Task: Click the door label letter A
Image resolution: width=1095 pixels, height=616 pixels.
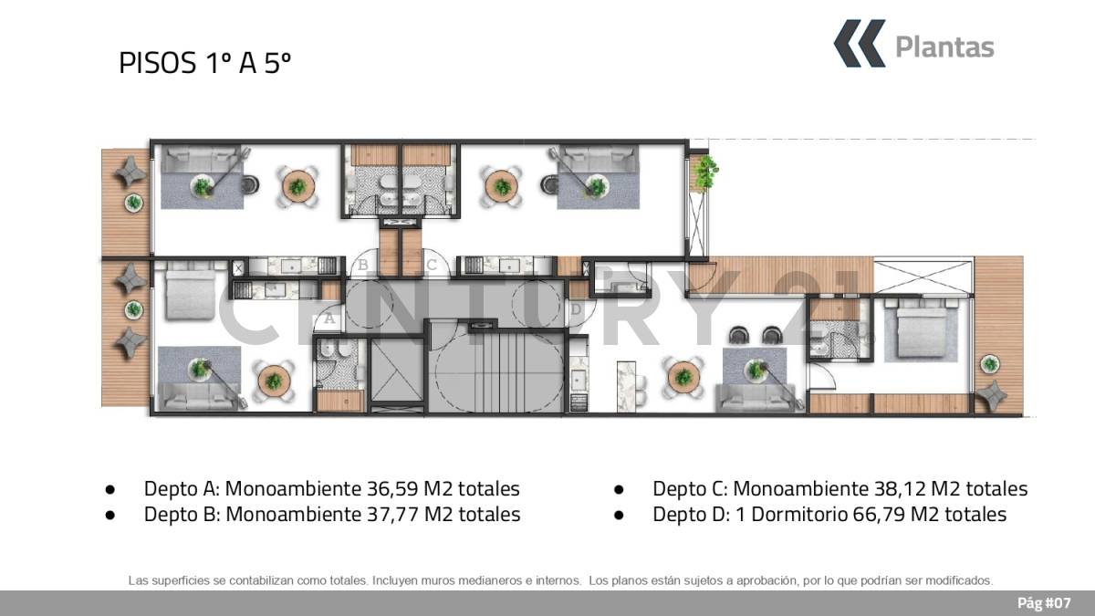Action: point(330,318)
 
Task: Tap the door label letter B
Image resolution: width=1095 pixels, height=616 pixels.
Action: point(363,265)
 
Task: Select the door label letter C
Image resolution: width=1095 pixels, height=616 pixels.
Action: point(431,265)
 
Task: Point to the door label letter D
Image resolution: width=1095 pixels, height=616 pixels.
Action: point(576,309)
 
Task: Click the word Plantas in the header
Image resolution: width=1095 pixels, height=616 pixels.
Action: point(944,47)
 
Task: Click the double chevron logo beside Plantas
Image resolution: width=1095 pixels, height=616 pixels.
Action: point(860,44)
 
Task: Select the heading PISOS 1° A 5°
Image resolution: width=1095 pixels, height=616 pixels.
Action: point(204,63)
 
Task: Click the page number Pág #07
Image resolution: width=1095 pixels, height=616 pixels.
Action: point(1044,603)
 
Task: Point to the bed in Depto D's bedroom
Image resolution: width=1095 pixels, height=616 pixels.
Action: point(921,329)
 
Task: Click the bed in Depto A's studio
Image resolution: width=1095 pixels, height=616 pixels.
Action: point(190,291)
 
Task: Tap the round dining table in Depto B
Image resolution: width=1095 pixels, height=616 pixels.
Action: point(297,186)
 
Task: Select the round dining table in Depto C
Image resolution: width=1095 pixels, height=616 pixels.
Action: point(502,186)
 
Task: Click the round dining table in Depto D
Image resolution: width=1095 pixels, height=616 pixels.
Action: point(683,376)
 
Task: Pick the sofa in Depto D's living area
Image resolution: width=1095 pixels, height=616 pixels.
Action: point(756,398)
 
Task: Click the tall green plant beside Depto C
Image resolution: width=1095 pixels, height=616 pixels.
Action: point(706,172)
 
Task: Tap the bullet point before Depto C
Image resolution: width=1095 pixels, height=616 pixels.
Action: point(619,489)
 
